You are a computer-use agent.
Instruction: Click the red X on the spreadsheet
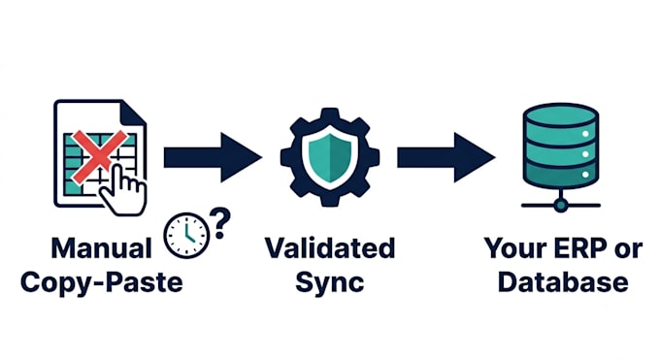tap(99, 156)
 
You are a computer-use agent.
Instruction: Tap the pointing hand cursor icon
tap(123, 190)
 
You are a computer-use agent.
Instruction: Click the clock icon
tap(186, 236)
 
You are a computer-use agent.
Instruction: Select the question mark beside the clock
tap(220, 223)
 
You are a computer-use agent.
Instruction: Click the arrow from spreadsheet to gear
tap(213, 157)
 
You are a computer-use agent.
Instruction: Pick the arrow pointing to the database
tap(446, 157)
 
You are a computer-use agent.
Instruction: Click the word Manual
tap(101, 248)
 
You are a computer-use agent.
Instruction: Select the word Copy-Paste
tap(102, 282)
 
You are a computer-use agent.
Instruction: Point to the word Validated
tap(330, 248)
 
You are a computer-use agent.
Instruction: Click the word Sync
tap(330, 282)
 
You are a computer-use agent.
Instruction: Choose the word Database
tap(563, 282)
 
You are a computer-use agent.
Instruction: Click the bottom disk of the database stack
tap(560, 174)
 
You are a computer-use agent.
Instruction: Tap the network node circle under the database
tap(561, 205)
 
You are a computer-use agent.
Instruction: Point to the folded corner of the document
tap(133, 113)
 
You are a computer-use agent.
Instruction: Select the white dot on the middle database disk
tap(585, 154)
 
